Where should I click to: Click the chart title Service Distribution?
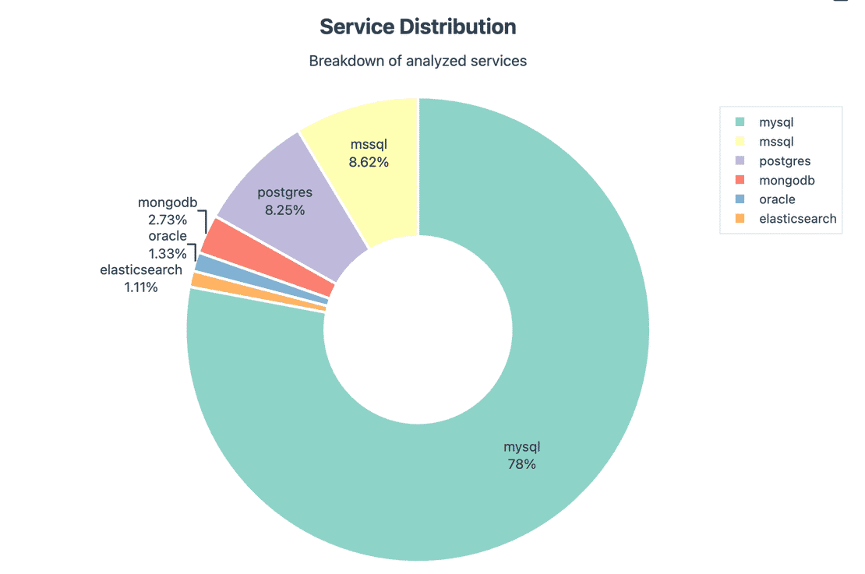(x=418, y=26)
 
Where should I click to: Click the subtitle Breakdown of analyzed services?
(x=418, y=61)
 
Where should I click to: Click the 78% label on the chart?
(x=521, y=465)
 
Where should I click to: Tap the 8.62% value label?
(x=369, y=163)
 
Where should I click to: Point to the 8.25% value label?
(x=284, y=210)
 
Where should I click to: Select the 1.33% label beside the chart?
(x=168, y=253)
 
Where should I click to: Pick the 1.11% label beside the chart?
(x=141, y=287)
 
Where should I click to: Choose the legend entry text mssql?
(x=776, y=142)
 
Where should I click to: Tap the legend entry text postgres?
(x=785, y=161)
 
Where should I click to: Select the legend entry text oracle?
(x=777, y=199)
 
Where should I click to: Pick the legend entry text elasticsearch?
(x=797, y=219)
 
